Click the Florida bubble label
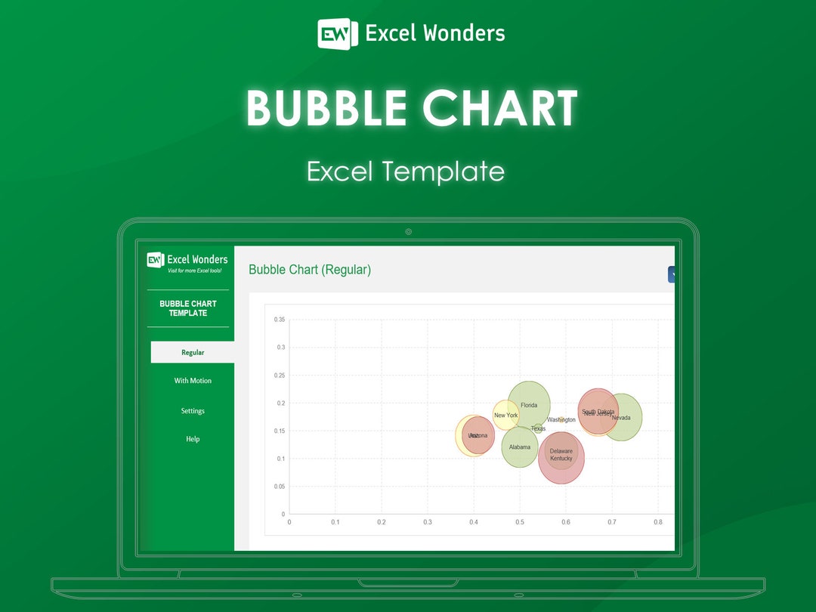click(529, 406)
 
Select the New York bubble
click(505, 416)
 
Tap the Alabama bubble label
click(520, 447)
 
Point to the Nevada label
click(621, 418)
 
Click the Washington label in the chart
click(561, 420)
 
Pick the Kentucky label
click(561, 459)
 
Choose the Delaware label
click(561, 451)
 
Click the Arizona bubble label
click(478, 435)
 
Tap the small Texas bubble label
click(538, 429)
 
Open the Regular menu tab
click(193, 352)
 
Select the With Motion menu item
click(193, 381)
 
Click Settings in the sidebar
click(193, 411)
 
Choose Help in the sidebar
click(193, 439)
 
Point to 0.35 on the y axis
click(280, 320)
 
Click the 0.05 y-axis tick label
click(280, 487)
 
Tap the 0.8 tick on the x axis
click(658, 522)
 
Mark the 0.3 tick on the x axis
click(428, 522)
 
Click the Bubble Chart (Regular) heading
click(310, 270)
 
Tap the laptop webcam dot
click(408, 232)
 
